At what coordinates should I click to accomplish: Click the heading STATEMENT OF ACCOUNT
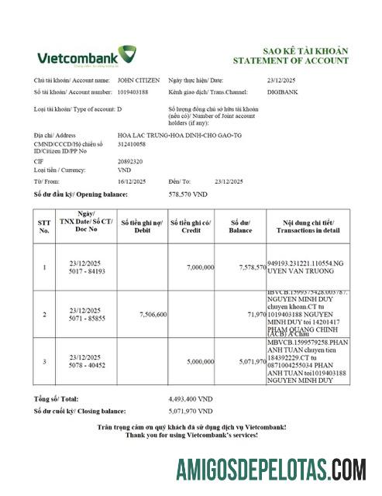pos(291,60)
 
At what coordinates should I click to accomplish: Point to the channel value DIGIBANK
pos(281,91)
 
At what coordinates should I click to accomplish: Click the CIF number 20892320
pos(130,160)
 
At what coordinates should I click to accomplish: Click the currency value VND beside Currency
pos(124,169)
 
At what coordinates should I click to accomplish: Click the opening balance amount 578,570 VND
pos(188,194)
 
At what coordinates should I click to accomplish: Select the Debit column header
pos(141,226)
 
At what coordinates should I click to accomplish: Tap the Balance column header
pos(240,226)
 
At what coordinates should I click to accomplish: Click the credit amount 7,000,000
pos(200,267)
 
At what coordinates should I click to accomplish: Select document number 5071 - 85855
pos(87,319)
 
